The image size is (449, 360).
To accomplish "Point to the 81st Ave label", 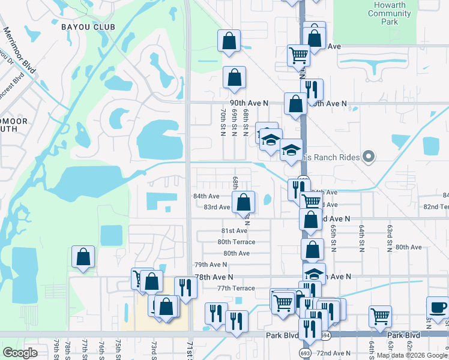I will point(234,231).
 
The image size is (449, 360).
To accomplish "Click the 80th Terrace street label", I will point(236,242).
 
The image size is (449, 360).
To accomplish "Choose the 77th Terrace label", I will point(236,289).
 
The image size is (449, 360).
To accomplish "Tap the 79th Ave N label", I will point(211,265).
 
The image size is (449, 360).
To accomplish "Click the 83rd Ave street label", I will point(217,208).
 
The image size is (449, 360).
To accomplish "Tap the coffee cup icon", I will point(438,308).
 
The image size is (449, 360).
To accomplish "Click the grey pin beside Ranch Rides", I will point(369,157).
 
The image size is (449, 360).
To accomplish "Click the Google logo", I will point(20,353).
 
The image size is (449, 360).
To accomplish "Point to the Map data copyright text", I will point(411,355).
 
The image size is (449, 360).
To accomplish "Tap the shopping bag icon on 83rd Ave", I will point(244,202).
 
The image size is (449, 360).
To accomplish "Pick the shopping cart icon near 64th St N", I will point(380,316).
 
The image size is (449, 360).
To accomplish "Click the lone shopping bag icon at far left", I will point(83,257).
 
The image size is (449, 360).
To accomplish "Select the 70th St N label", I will point(223,122).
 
